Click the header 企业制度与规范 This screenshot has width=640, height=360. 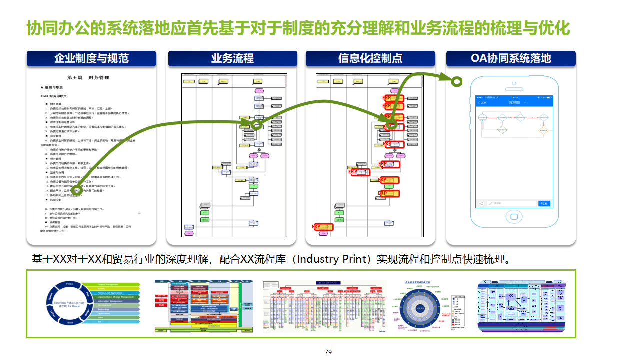pyautogui.click(x=91, y=59)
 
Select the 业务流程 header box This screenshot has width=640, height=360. pyautogui.click(x=232, y=59)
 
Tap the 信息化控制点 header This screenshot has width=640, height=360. pyautogui.click(x=370, y=59)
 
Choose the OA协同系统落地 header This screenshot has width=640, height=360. pyautogui.click(x=510, y=59)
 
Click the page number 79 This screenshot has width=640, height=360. pyautogui.click(x=328, y=352)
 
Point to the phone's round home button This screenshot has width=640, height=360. pyautogui.click(x=514, y=217)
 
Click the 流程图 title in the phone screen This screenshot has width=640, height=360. pyautogui.click(x=514, y=102)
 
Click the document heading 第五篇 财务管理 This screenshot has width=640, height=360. pyautogui.click(x=88, y=78)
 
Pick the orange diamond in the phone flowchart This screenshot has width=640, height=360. pyautogui.click(x=543, y=132)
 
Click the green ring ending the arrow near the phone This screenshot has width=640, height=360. pyautogui.click(x=456, y=81)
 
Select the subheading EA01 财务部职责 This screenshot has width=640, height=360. pyautogui.click(x=54, y=96)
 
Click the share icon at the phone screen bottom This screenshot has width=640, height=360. pyautogui.click(x=481, y=203)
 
